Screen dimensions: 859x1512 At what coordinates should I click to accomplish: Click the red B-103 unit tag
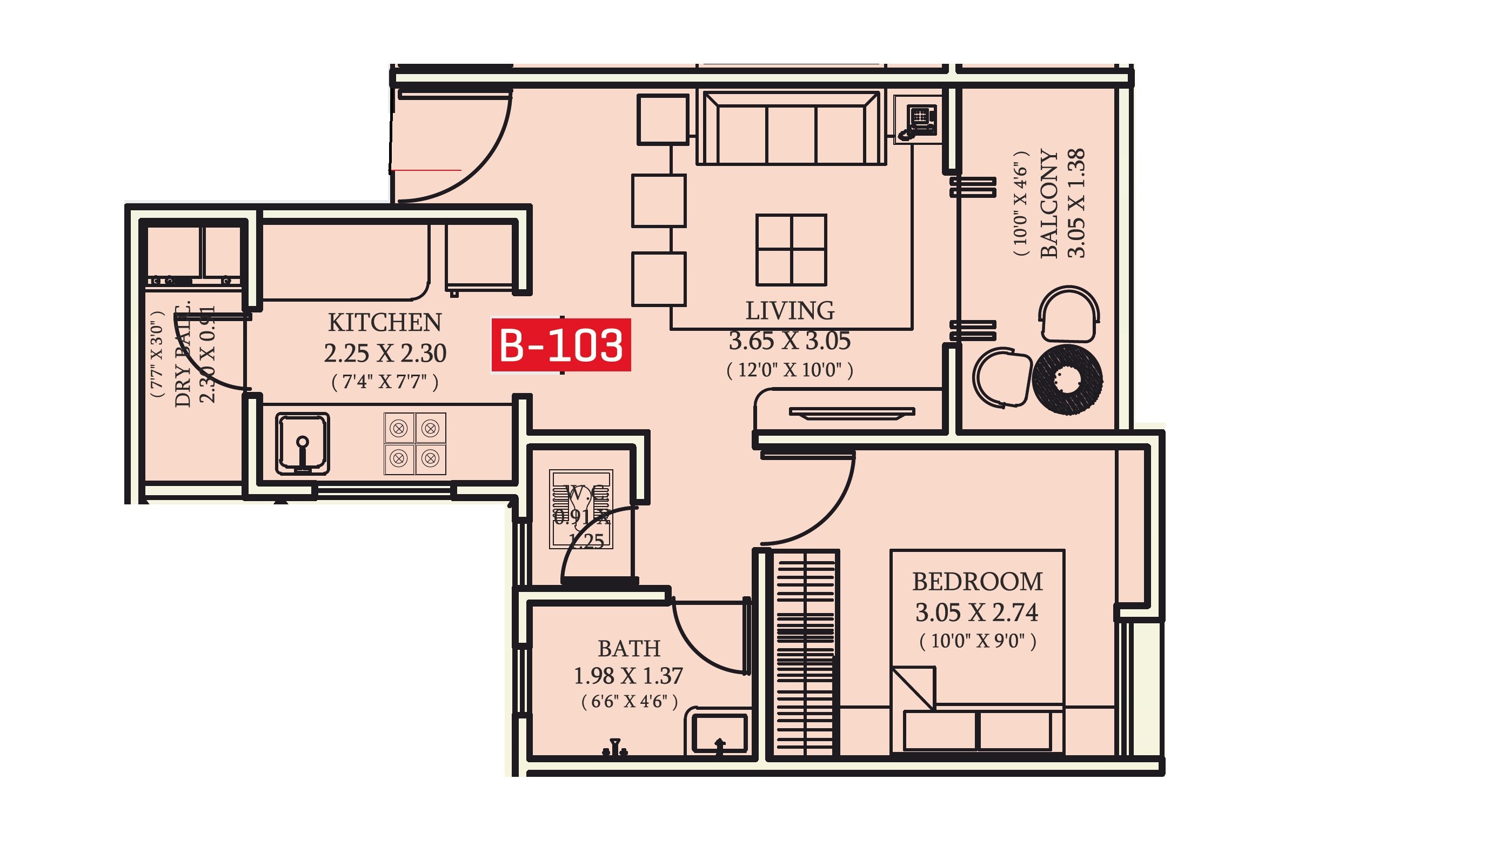[x=561, y=345]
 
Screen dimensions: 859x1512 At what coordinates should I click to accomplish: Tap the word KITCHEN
[x=385, y=323]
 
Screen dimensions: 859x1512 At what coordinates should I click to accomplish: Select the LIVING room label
[x=790, y=311]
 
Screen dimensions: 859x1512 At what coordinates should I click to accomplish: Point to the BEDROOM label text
[x=977, y=582]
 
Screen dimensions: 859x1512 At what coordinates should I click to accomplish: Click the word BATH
[x=628, y=648]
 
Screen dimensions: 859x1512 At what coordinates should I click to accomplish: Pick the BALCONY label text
[x=1049, y=204]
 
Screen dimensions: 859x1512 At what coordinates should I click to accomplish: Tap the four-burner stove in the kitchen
[x=414, y=444]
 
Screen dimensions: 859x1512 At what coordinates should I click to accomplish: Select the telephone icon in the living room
[x=917, y=120]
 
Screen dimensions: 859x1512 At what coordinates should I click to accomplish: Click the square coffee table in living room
[x=791, y=250]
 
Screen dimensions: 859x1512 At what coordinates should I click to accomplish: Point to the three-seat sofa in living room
[x=791, y=128]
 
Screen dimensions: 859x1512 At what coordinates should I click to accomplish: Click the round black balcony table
[x=1067, y=380]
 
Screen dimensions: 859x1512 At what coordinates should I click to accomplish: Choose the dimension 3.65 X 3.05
[x=790, y=341]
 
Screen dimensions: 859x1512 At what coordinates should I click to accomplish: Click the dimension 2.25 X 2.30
[x=385, y=354]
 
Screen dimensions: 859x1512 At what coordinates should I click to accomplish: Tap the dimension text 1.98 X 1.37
[x=628, y=676]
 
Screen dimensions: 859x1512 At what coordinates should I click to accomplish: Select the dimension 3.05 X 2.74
[x=976, y=612]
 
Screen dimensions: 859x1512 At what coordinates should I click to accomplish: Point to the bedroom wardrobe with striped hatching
[x=806, y=652]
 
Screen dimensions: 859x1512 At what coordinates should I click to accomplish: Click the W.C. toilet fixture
[x=581, y=509]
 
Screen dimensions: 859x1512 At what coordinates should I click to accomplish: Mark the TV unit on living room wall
[x=852, y=412]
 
